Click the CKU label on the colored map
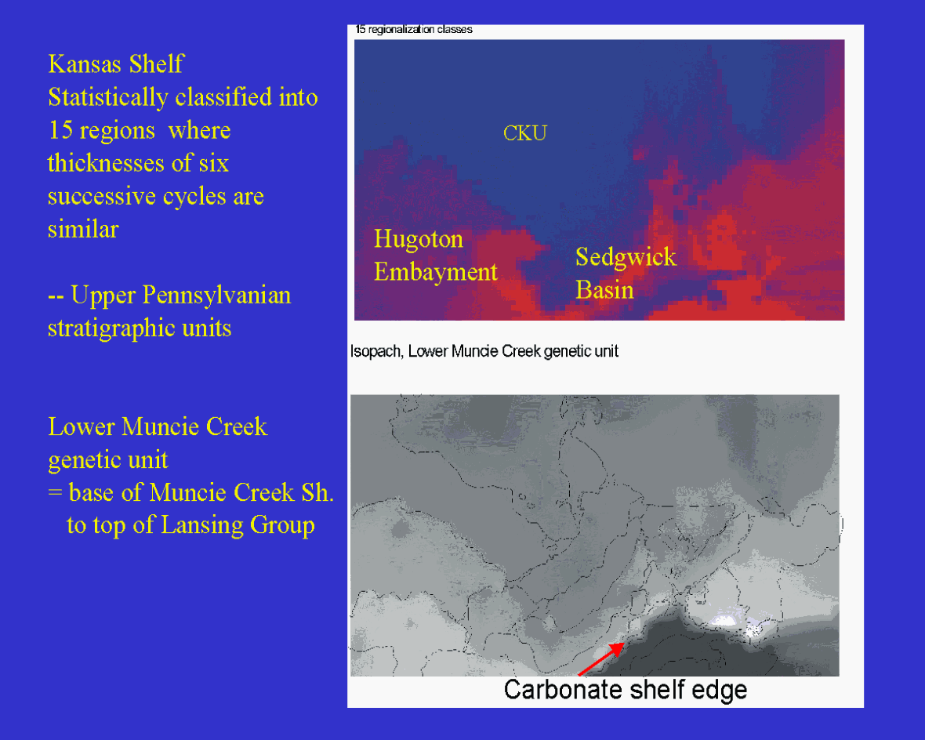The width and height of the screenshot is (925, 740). point(524,132)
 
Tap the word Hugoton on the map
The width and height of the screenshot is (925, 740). point(419,240)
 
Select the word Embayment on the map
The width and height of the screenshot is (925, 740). point(435,272)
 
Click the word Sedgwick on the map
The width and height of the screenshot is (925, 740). point(626,256)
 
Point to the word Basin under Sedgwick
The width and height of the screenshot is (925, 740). point(604,290)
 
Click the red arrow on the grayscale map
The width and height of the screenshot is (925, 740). point(600,659)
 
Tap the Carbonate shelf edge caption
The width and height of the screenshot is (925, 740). point(626,689)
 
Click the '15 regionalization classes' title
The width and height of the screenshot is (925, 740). point(414,30)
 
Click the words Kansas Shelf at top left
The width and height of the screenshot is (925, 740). point(116,63)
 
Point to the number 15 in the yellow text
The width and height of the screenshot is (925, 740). point(60,130)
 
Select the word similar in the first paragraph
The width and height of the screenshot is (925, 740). point(83,229)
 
